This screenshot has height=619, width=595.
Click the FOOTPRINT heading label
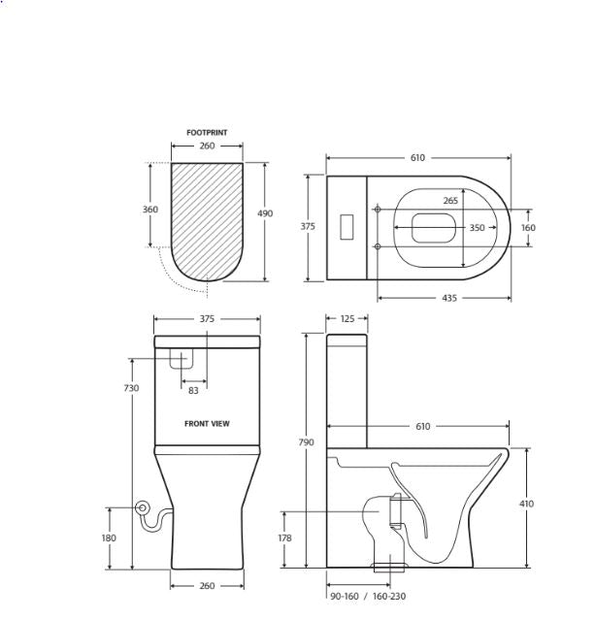click(207, 133)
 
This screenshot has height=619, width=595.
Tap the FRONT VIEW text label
click(207, 424)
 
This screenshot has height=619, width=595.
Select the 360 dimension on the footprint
click(151, 210)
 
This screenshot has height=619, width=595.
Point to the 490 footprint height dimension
click(265, 213)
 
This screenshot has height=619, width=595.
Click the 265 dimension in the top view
click(450, 201)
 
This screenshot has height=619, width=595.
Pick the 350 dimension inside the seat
click(477, 228)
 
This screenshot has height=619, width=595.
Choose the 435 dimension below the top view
click(449, 299)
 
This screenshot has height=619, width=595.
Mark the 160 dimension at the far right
click(528, 228)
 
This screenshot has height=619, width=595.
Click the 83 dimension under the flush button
click(193, 391)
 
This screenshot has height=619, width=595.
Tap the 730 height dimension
click(131, 388)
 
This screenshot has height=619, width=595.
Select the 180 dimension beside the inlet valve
click(109, 538)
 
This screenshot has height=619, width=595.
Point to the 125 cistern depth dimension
click(347, 318)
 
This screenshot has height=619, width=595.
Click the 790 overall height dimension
click(306, 442)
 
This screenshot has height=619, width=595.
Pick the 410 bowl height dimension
click(526, 504)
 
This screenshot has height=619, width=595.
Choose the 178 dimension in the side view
click(283, 538)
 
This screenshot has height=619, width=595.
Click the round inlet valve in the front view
click(142, 506)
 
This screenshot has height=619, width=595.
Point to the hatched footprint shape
click(207, 218)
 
